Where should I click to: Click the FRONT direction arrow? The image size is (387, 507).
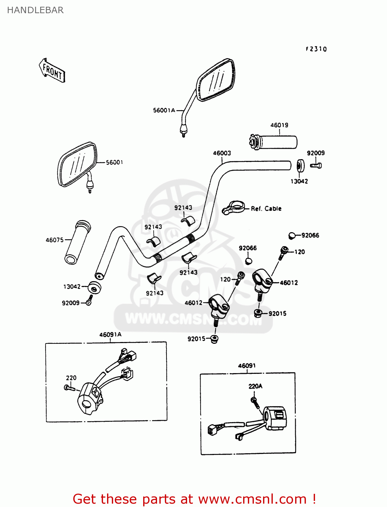52,71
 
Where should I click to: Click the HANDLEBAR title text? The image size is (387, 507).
35,10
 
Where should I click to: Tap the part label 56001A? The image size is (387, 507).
164,110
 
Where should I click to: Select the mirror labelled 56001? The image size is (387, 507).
77,164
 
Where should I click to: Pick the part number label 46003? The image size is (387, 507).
222,153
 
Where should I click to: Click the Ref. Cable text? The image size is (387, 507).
266,209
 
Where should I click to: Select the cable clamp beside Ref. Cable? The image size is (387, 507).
234,207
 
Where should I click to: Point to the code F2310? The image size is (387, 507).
316,49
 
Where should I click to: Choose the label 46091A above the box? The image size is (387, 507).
110,335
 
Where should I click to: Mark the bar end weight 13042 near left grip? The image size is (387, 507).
94,288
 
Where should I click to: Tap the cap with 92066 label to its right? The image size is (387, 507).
292,235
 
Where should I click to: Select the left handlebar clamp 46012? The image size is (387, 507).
218,306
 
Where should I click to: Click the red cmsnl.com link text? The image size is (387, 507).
194,499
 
